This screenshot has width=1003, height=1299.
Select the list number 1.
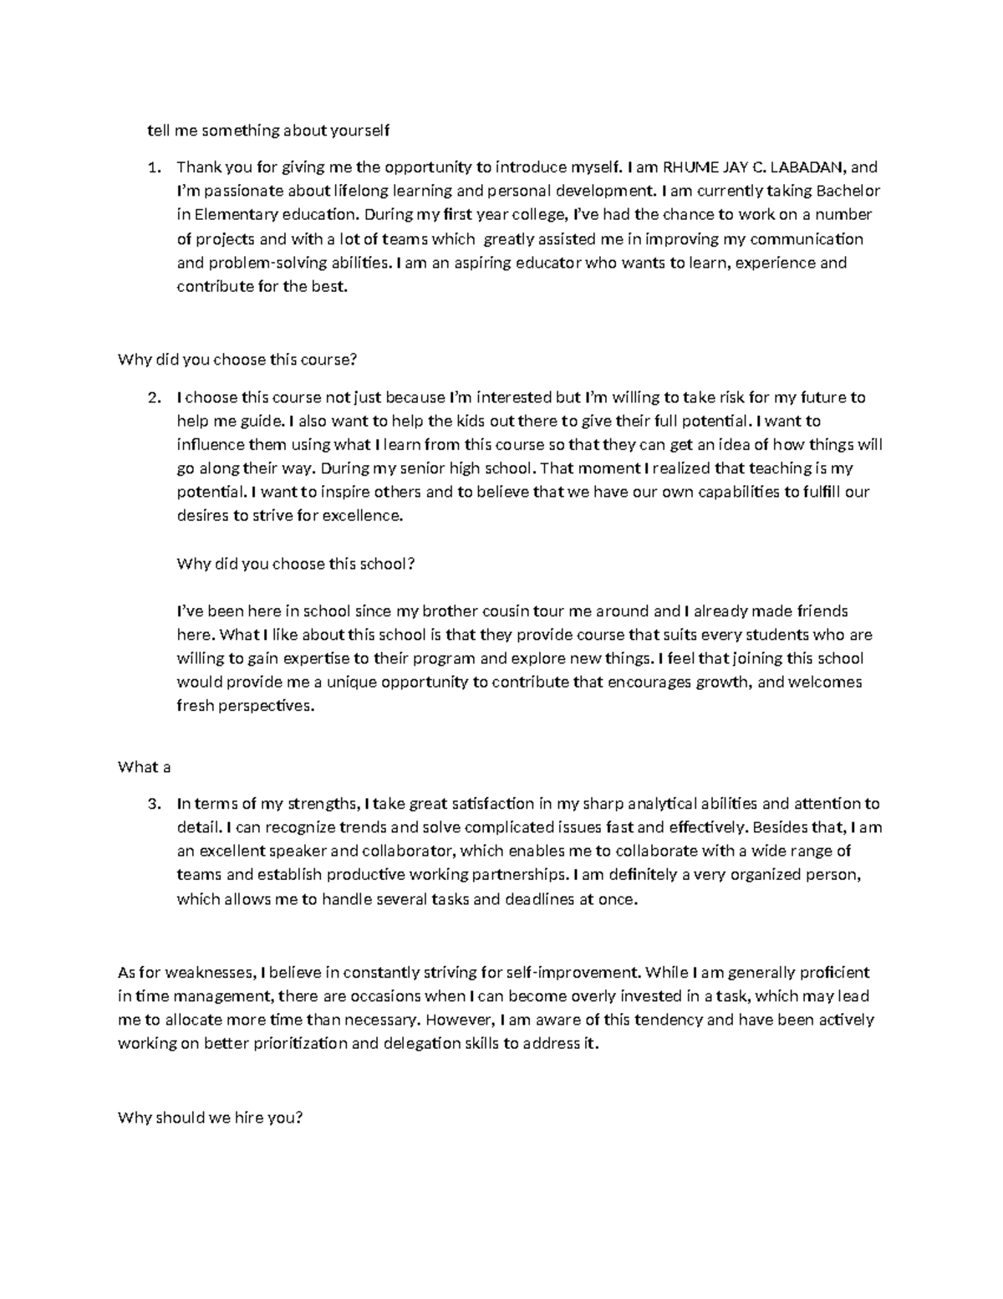[x=153, y=166]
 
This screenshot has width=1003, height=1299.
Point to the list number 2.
[x=153, y=397]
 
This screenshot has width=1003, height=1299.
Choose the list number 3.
[x=153, y=804]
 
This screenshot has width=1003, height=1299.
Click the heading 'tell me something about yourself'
[x=268, y=130]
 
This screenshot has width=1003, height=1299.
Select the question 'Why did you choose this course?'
[x=237, y=361]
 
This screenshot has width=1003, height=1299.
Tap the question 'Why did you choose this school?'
[x=296, y=564]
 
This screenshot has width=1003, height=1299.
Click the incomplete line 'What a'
[x=144, y=767]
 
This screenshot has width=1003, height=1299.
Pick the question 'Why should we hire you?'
[x=210, y=1117]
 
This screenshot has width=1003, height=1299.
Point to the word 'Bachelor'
[x=848, y=191]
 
